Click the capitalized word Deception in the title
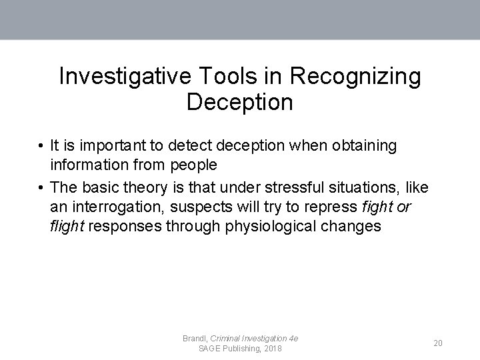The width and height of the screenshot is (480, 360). coord(239,102)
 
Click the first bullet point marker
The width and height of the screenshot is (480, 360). coord(41,145)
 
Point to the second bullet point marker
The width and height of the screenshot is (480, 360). coord(41,186)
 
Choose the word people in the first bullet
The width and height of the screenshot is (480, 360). coord(195,165)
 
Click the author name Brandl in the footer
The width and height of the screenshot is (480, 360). coord(195,339)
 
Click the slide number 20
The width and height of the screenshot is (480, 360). coord(438,343)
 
